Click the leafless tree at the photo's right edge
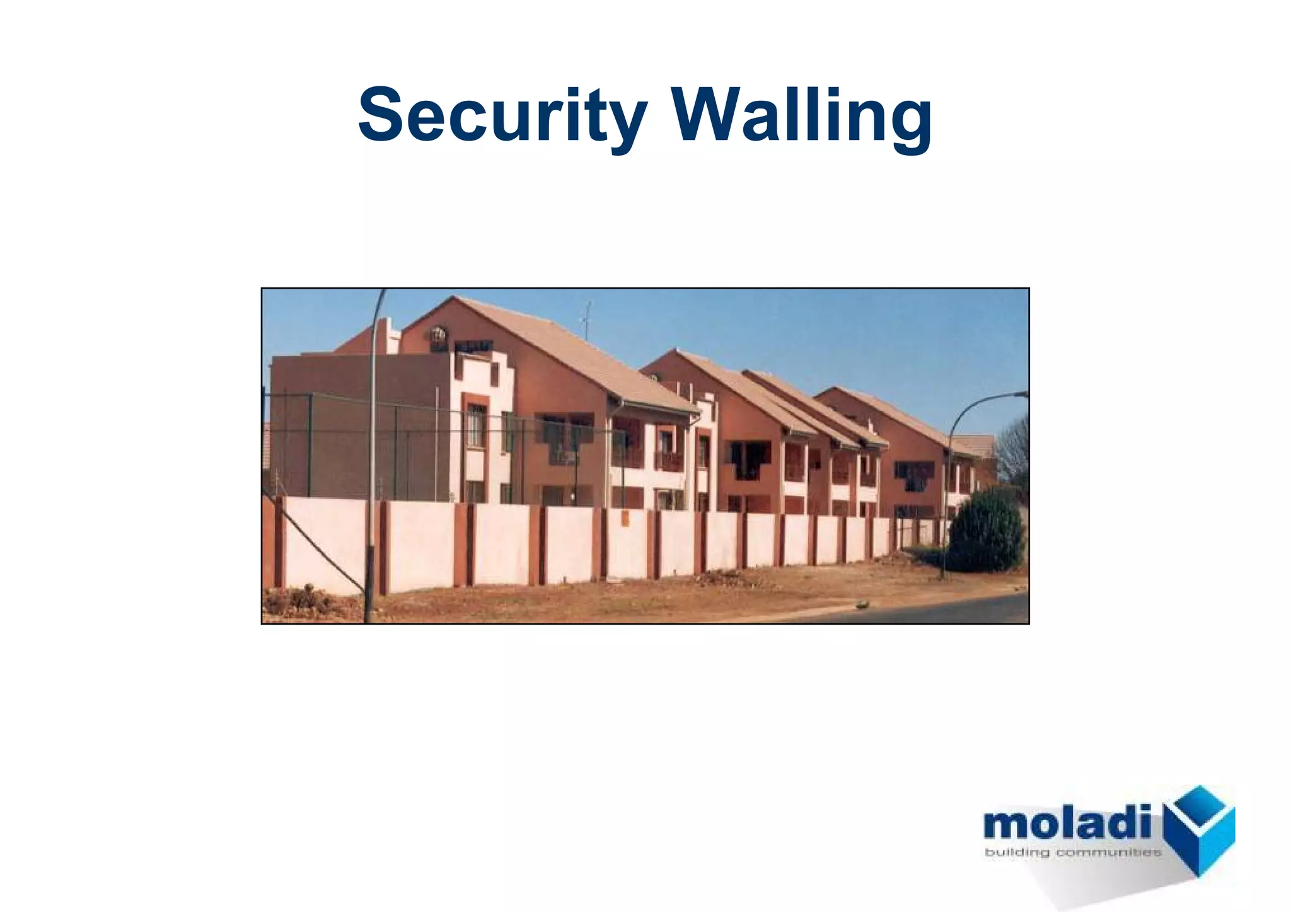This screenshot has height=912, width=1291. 1014,451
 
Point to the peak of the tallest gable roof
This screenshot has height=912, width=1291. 453,297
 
